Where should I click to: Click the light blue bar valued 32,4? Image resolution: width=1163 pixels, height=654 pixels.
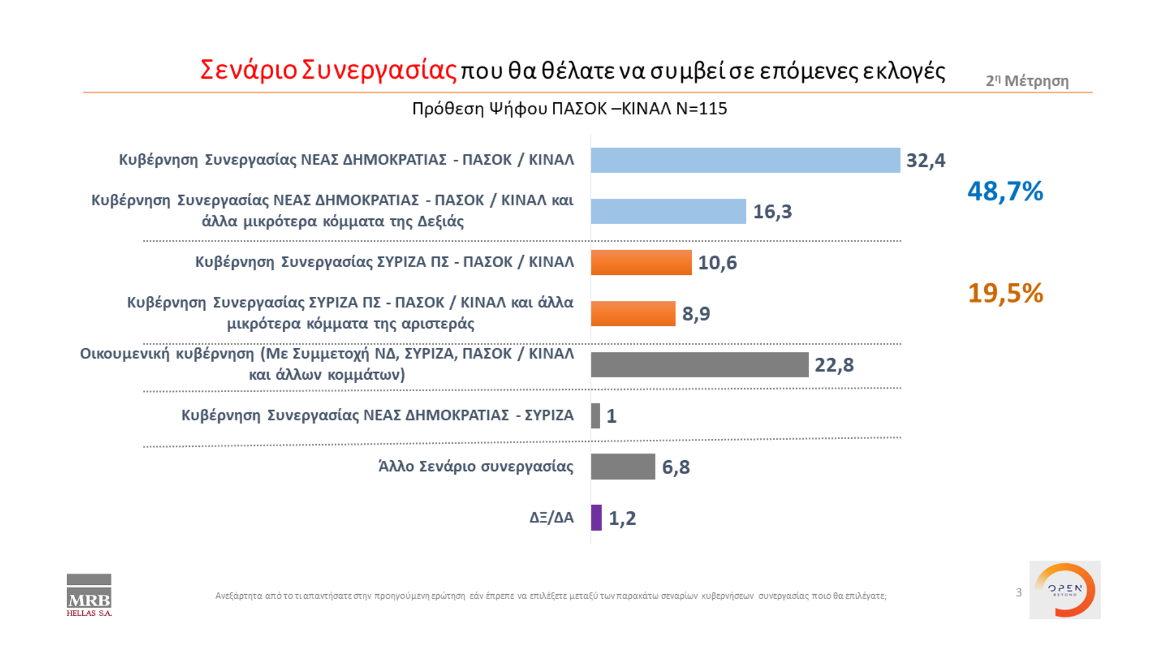tap(745, 160)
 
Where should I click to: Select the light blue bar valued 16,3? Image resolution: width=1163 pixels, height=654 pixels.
tap(668, 211)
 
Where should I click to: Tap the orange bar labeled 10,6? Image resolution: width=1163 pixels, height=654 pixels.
tap(641, 262)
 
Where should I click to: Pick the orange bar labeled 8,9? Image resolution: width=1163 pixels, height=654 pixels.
tap(633, 314)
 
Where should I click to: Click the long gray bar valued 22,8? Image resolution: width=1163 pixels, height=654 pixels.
tap(700, 365)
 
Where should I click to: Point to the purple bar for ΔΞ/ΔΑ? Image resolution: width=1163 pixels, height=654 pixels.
tap(596, 518)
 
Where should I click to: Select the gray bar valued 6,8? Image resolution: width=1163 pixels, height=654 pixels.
tap(623, 467)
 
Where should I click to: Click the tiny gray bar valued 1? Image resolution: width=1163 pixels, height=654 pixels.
tap(595, 416)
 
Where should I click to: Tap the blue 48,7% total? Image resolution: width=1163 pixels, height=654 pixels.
tap(1005, 191)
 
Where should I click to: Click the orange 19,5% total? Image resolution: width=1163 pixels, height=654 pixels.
tap(1005, 293)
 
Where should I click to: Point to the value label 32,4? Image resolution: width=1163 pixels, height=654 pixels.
tap(925, 160)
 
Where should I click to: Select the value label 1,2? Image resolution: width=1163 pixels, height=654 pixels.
tap(622, 518)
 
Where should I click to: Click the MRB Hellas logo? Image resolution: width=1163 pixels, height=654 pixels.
tap(89, 595)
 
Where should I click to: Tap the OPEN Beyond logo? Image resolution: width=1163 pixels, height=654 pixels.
tap(1065, 590)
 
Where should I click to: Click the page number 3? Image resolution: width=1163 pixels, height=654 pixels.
tap(1019, 592)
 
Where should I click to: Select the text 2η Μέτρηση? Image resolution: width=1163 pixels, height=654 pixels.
tap(1027, 81)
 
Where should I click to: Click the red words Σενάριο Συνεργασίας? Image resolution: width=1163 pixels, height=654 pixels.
tap(328, 70)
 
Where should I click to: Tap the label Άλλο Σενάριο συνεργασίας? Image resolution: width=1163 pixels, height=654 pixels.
tap(475, 466)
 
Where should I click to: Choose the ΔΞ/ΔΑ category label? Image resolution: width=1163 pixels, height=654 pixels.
tap(551, 518)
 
